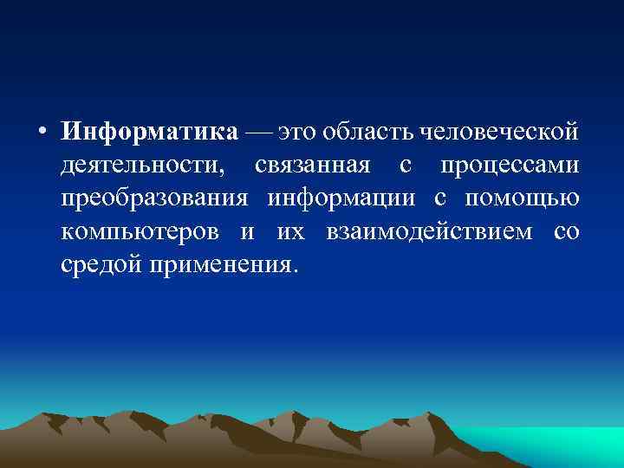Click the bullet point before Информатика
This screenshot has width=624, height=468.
42,133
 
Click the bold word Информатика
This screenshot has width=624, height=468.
149,132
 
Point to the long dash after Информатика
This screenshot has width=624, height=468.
257,132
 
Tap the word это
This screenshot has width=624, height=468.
295,132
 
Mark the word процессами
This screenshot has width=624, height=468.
509,166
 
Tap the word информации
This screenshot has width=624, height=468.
344,199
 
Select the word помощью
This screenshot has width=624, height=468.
521,199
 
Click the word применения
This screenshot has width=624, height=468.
223,264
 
